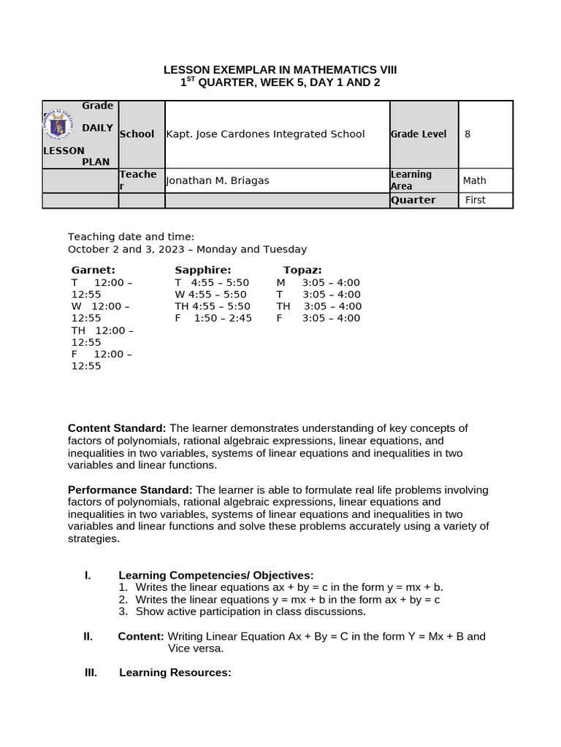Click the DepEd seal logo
(58, 125)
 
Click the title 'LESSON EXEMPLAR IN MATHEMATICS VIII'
(280, 69)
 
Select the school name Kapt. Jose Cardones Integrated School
(266, 134)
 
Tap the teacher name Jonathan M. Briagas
(218, 181)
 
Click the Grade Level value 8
(467, 134)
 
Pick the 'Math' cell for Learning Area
(474, 181)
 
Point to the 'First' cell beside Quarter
(475, 200)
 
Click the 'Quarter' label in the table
(413, 200)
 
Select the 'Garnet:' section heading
(93, 270)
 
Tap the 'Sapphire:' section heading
(202, 270)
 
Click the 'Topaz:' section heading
(302, 270)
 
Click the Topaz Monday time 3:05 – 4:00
(331, 282)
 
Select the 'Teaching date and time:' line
(131, 236)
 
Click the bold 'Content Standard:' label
(117, 428)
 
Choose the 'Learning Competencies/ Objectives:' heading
(215, 576)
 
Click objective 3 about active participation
(250, 611)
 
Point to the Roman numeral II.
(88, 636)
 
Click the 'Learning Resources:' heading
(175, 673)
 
